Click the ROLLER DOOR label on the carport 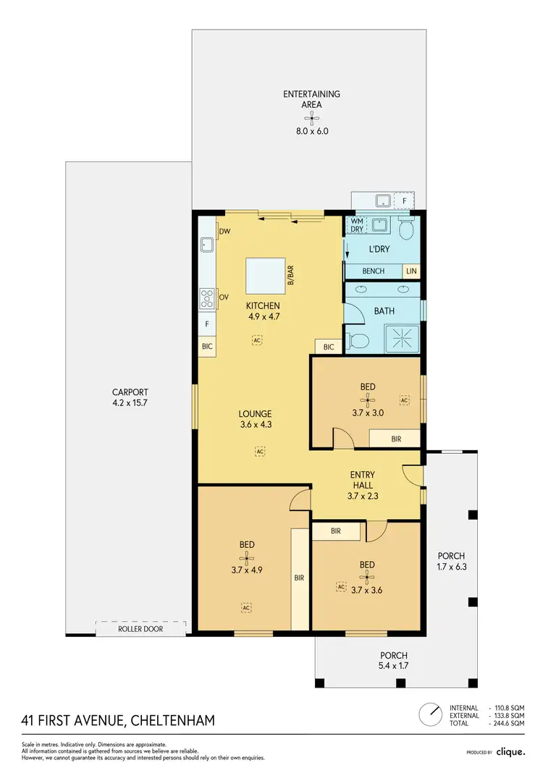[x=140, y=629]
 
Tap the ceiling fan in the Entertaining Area [x=312, y=118]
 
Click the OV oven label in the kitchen [x=224, y=297]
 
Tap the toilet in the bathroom [x=354, y=340]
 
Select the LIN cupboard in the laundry [x=411, y=271]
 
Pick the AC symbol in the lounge [x=259, y=451]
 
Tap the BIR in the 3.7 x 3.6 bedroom [x=336, y=531]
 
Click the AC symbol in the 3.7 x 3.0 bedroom [x=405, y=400]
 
